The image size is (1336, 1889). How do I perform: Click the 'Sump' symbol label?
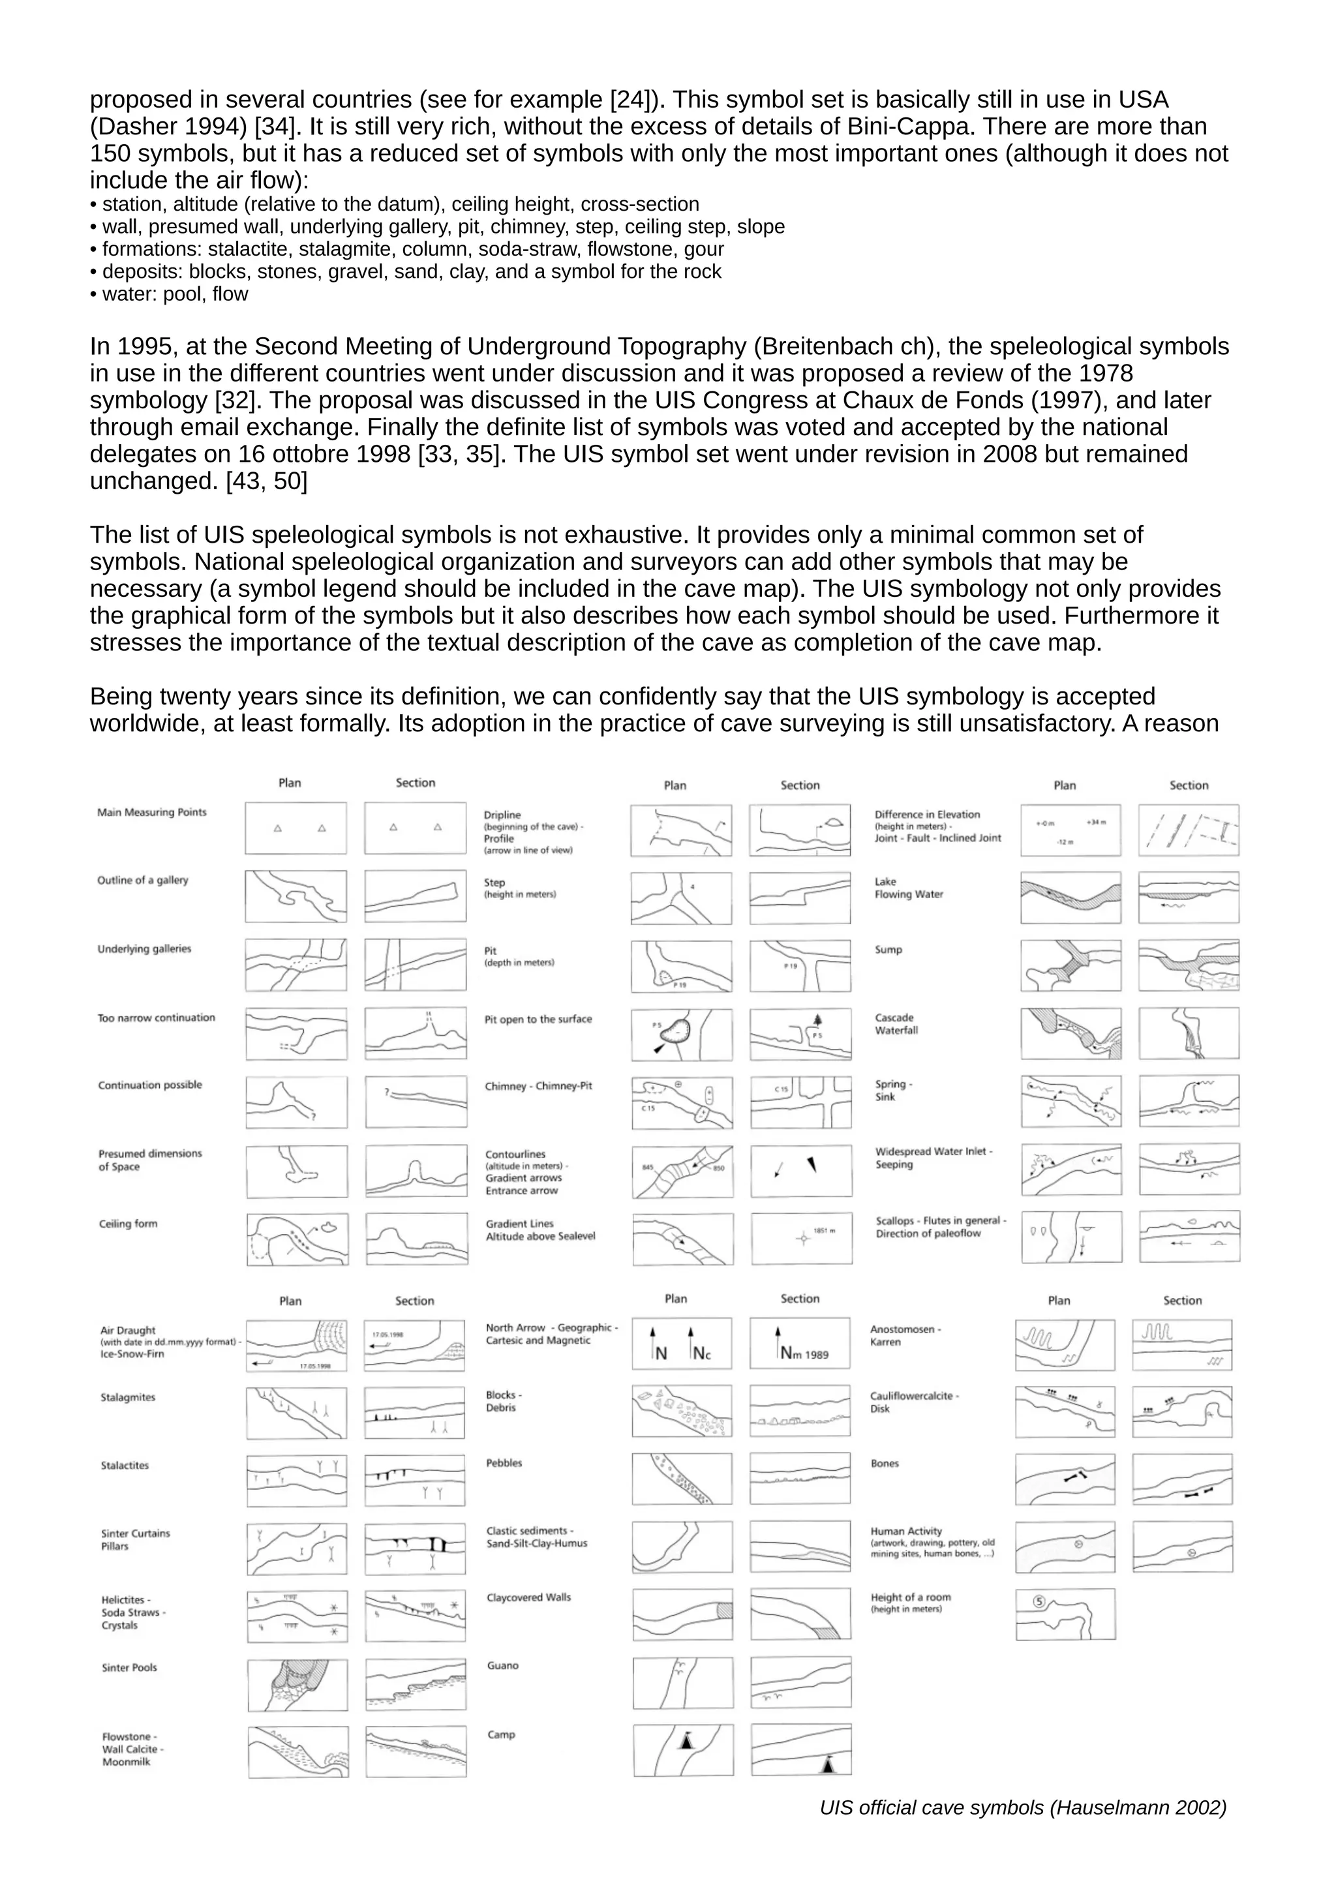click(888, 950)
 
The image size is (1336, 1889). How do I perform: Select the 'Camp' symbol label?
click(500, 1734)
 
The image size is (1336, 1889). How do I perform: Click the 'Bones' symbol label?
click(885, 1463)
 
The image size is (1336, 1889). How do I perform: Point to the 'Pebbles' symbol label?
click(504, 1463)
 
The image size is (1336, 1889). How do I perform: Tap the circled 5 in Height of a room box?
click(1038, 1601)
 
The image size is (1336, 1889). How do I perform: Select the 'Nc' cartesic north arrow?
click(699, 1353)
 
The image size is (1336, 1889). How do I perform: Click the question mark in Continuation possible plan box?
click(313, 1117)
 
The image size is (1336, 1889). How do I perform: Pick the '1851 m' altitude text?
click(825, 1231)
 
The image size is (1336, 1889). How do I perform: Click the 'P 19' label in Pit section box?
click(790, 966)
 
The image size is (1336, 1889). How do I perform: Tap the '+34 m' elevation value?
click(1096, 822)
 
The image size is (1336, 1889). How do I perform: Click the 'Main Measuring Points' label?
click(151, 812)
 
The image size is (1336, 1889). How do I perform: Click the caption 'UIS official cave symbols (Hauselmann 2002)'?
click(1023, 1807)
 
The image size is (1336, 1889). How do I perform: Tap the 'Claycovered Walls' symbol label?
click(528, 1597)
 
